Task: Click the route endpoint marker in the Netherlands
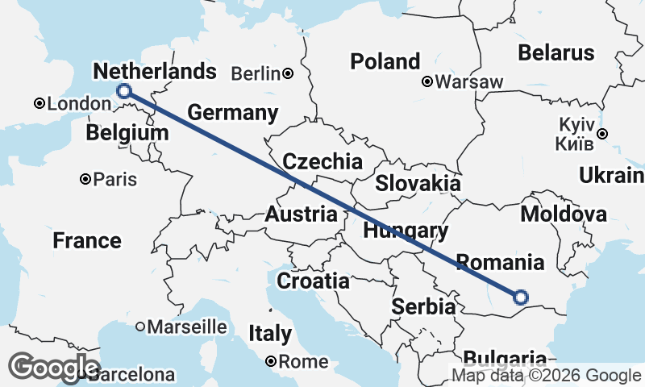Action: tap(124, 91)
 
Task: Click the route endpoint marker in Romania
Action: tap(520, 298)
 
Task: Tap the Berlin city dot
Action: tap(288, 74)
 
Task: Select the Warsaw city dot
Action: tap(428, 81)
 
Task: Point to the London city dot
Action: tap(39, 104)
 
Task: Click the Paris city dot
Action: tap(85, 179)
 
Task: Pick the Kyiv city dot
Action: tap(601, 134)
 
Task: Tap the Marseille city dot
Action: tap(140, 327)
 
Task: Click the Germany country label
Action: tap(232, 112)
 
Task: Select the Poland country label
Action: tap(385, 61)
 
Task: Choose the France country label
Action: tap(87, 240)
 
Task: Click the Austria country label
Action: tap(302, 214)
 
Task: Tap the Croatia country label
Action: tap(313, 281)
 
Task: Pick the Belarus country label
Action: tap(556, 53)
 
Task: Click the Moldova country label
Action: tap(564, 214)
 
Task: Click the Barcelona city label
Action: tap(131, 375)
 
